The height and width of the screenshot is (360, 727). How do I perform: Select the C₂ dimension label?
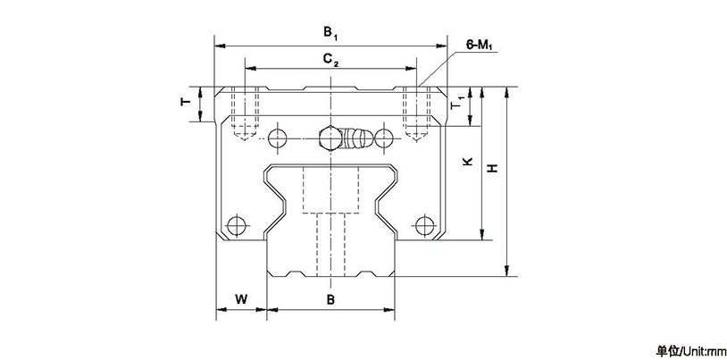click(330, 60)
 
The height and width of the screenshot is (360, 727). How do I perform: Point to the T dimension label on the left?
click(185, 103)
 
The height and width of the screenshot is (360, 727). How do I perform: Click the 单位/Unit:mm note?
click(692, 349)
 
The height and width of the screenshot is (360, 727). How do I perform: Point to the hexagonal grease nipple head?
click(329, 138)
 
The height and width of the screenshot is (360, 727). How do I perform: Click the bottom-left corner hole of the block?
click(237, 223)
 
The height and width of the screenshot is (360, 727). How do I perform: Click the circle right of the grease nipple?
click(384, 138)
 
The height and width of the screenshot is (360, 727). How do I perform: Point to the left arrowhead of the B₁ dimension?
click(218, 45)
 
